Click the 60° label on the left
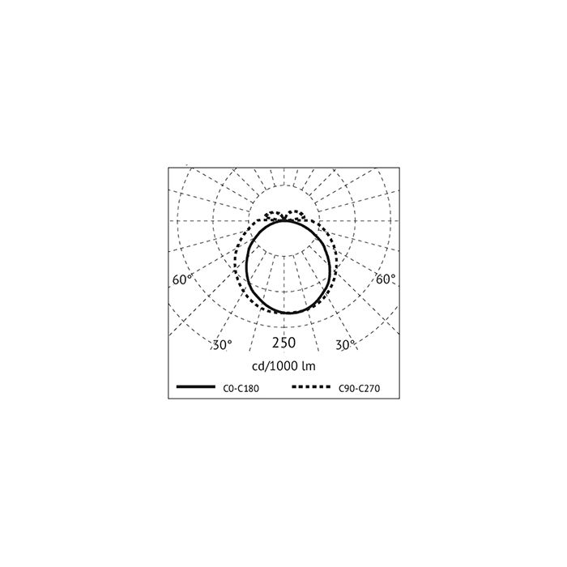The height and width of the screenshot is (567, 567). [182, 279]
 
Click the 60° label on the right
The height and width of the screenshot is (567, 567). [386, 279]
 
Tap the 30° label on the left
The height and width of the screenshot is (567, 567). [222, 345]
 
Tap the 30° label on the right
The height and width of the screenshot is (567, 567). [345, 345]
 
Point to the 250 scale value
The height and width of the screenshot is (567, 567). [283, 343]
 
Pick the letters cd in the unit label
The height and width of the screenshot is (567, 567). [258, 366]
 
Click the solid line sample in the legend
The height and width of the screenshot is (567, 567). [196, 387]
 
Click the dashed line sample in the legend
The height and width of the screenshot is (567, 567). [311, 387]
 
